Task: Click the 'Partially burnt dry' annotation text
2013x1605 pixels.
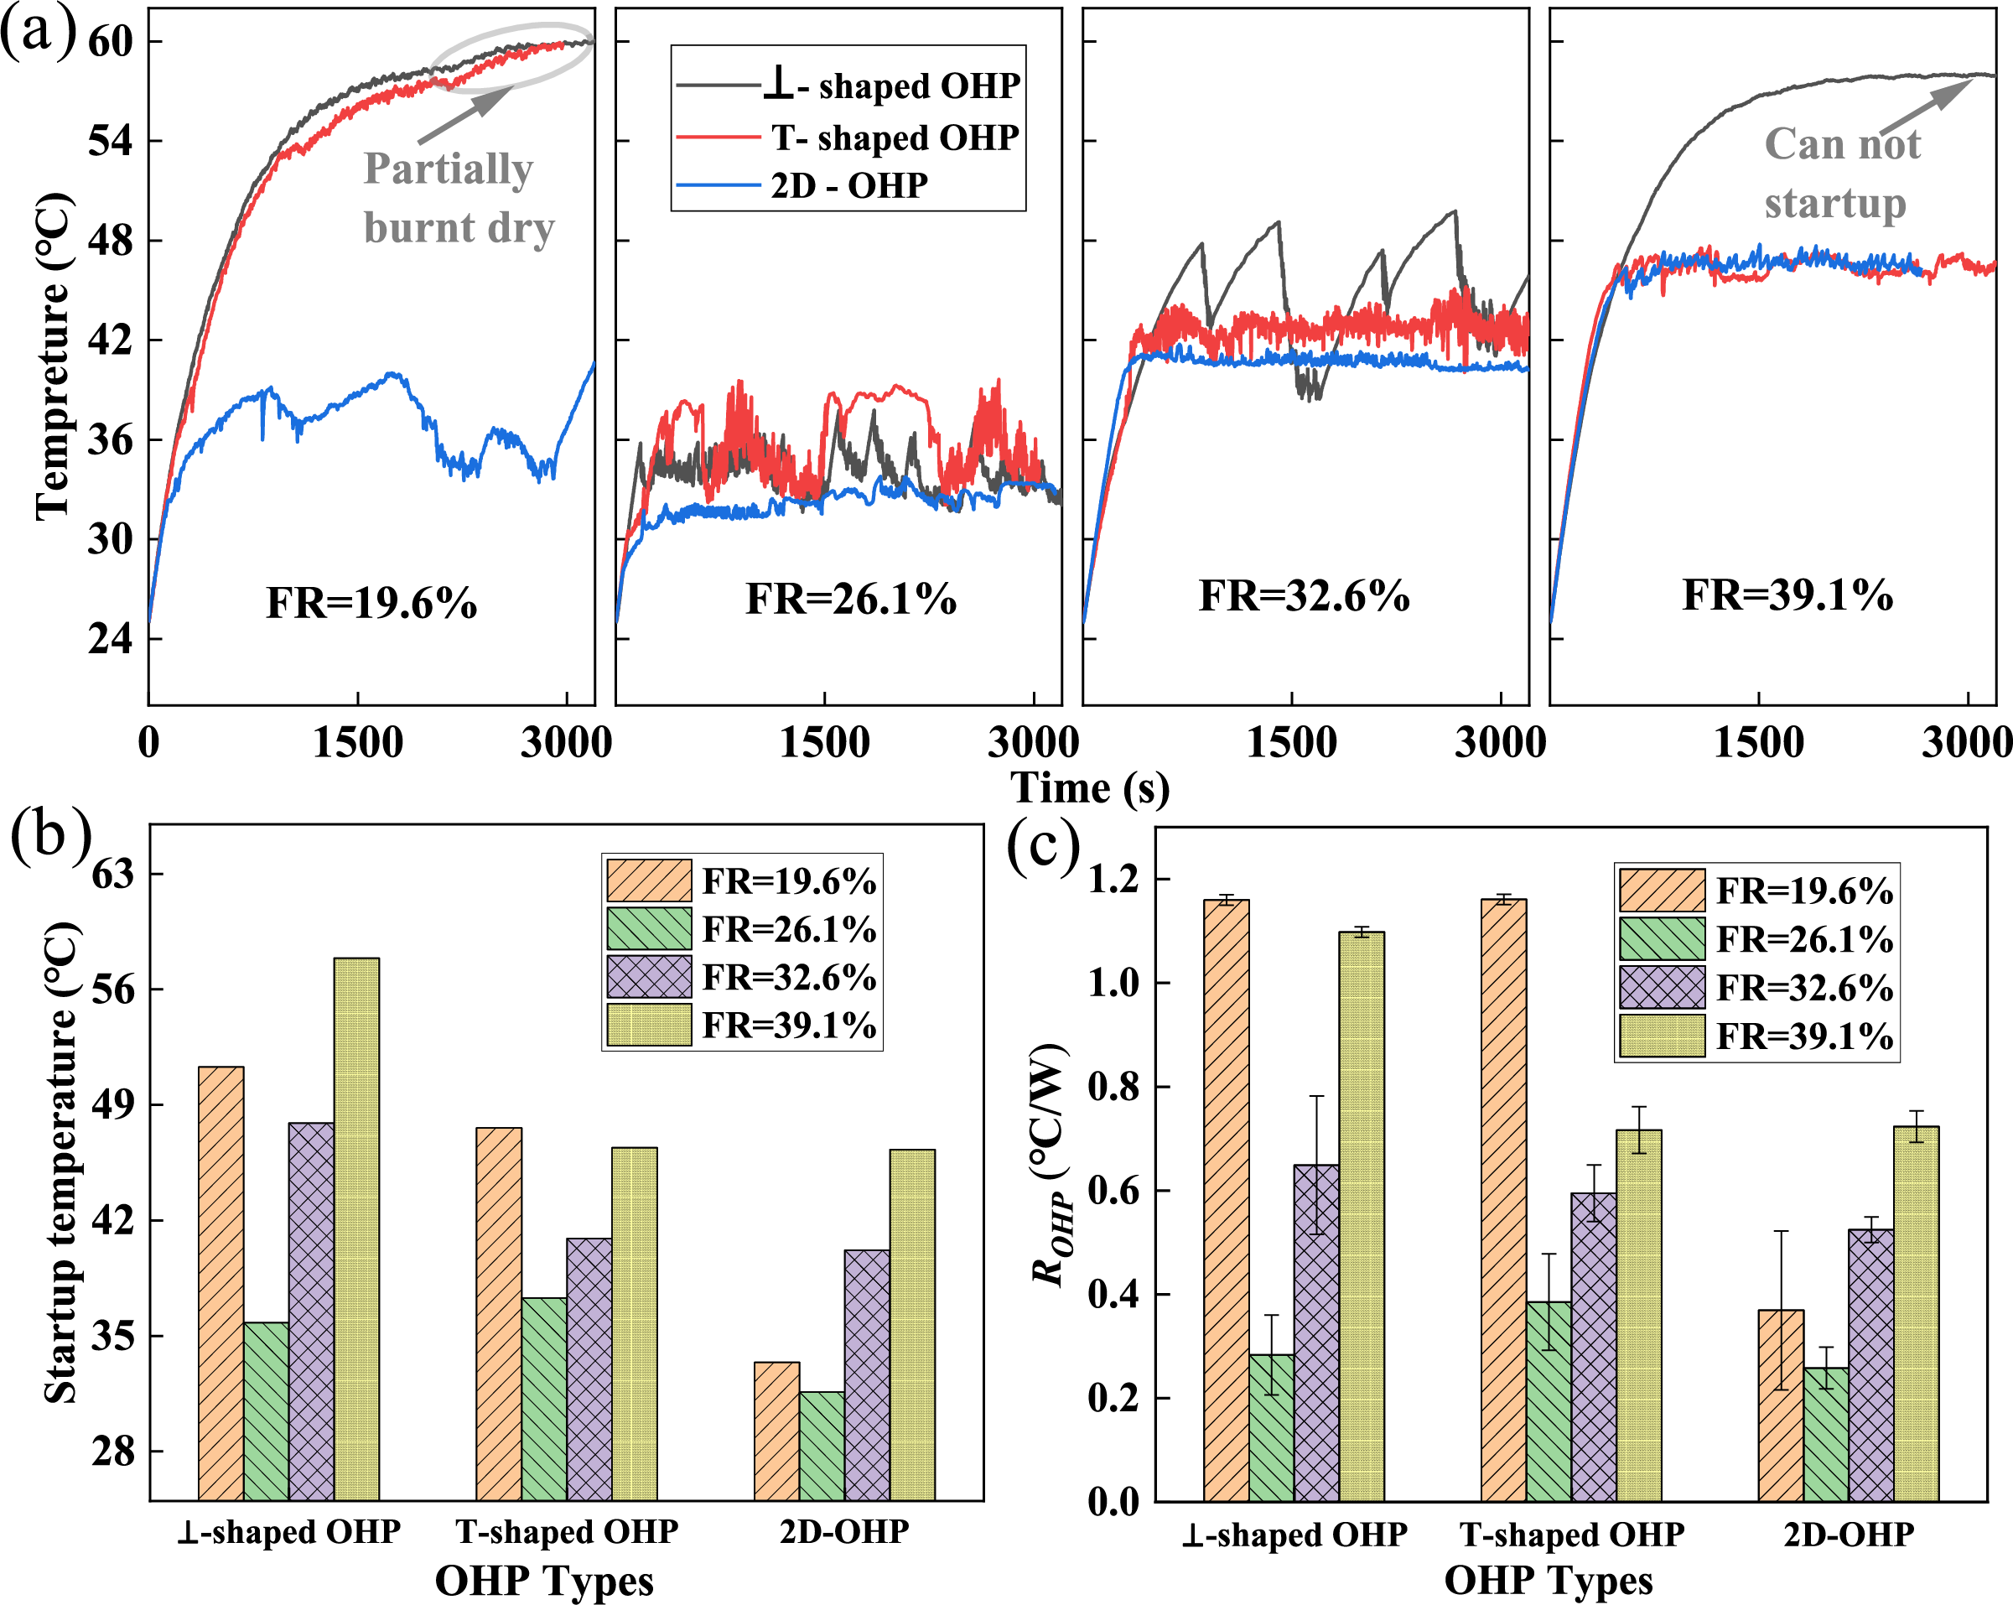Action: click(x=458, y=198)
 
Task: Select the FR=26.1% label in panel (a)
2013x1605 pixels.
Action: click(x=851, y=599)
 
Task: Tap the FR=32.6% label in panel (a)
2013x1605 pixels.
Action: click(x=1304, y=595)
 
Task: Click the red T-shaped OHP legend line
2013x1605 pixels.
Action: click(x=718, y=138)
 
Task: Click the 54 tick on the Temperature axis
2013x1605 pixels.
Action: click(x=110, y=141)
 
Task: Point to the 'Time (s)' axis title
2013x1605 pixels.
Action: click(x=1090, y=787)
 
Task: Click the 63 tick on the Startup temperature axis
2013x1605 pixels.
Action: click(x=113, y=874)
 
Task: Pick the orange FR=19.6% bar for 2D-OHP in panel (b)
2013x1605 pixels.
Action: click(x=777, y=1431)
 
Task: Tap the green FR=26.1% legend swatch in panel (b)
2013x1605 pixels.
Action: click(x=649, y=929)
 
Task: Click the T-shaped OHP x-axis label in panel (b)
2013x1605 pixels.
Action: click(x=567, y=1532)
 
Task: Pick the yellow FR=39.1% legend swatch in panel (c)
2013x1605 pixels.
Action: click(x=1662, y=1036)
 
